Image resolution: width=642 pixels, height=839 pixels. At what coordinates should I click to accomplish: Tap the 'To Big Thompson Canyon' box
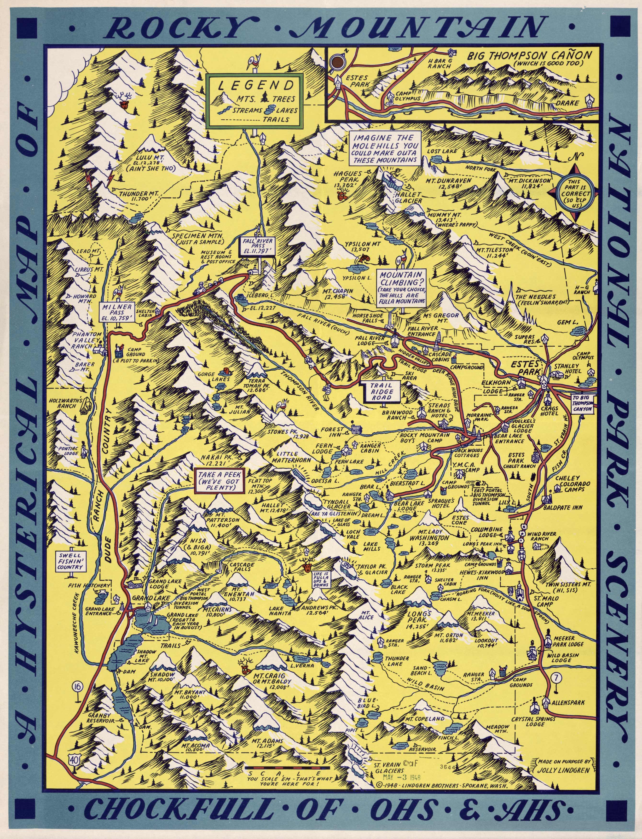[582, 405]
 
